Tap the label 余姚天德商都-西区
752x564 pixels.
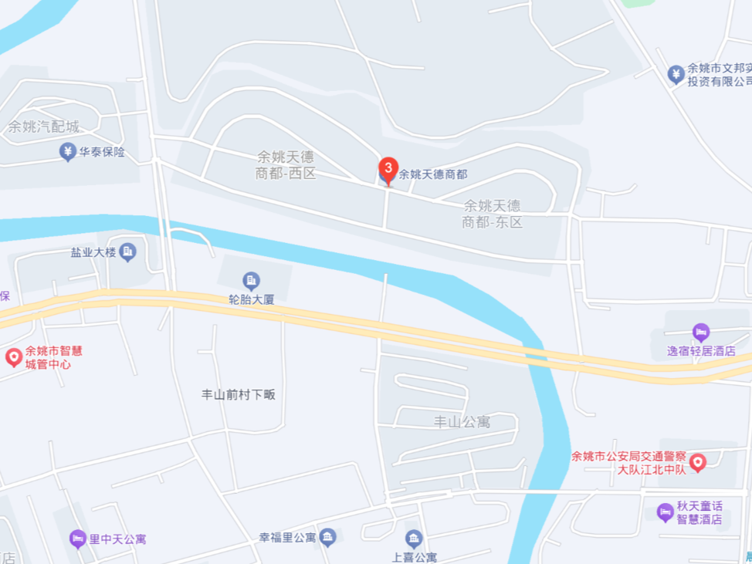pos(286,164)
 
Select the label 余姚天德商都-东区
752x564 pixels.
pos(492,214)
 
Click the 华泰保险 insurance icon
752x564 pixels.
pos(68,152)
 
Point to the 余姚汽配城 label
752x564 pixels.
pos(43,127)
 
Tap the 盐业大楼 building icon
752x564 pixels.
pos(128,252)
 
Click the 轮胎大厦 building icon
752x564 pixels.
pos(251,280)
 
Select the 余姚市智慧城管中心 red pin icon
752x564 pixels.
pos(14,357)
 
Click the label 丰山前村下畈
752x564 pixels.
pos(238,394)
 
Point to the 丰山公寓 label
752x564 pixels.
pos(462,422)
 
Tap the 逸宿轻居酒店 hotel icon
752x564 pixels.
pos(701,333)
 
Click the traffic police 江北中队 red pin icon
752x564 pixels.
pos(698,462)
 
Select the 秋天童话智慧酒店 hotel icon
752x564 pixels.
pos(665,512)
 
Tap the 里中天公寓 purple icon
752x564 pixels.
pos(77,539)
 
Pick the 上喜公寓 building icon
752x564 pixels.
pos(414,539)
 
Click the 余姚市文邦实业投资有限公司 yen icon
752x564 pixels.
pos(676,74)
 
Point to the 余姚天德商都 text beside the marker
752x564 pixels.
pos(432,175)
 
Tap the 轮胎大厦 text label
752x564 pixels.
pos(251,299)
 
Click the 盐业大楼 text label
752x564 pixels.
pos(93,252)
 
